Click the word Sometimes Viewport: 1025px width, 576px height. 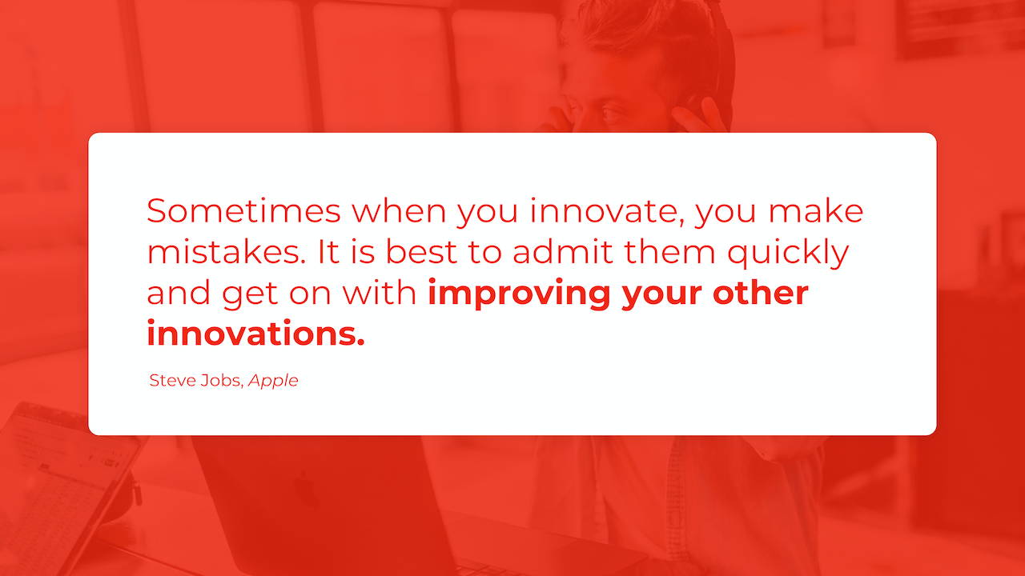(x=244, y=210)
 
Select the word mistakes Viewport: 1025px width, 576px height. (x=227, y=252)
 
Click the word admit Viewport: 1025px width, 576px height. (x=563, y=252)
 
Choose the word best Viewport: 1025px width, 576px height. (x=421, y=252)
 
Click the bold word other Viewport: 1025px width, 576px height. (x=761, y=293)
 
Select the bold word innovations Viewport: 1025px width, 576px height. (x=255, y=334)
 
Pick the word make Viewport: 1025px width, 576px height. (x=816, y=210)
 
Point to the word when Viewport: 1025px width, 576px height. (x=399, y=210)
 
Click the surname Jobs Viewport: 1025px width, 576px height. (x=221, y=381)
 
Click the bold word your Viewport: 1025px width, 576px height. (x=661, y=296)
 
